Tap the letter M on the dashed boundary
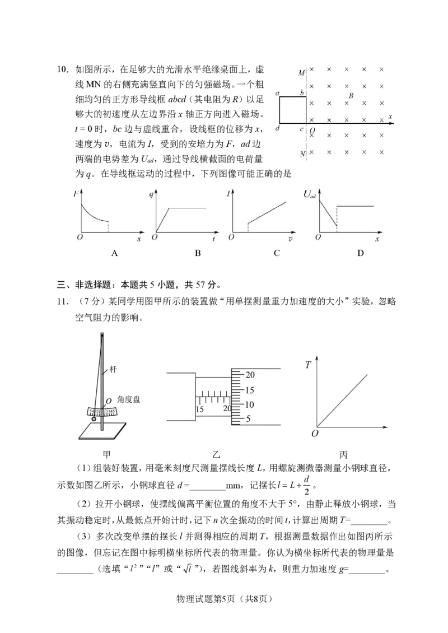(301, 73)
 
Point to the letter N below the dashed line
(303, 153)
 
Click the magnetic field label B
(351, 96)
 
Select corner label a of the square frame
(277, 93)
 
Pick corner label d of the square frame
(277, 128)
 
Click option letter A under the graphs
(115, 253)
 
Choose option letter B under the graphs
(198, 253)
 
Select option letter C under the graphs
(277, 253)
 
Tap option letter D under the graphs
(361, 253)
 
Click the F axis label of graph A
(76, 194)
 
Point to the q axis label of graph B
(151, 194)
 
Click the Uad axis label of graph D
(310, 194)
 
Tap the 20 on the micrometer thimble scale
(250, 375)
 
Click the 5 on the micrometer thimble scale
(248, 418)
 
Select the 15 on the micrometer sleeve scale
(200, 409)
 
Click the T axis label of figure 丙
(309, 365)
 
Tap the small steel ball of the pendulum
(94, 419)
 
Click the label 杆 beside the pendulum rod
(113, 369)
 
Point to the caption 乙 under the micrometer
(217, 455)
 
